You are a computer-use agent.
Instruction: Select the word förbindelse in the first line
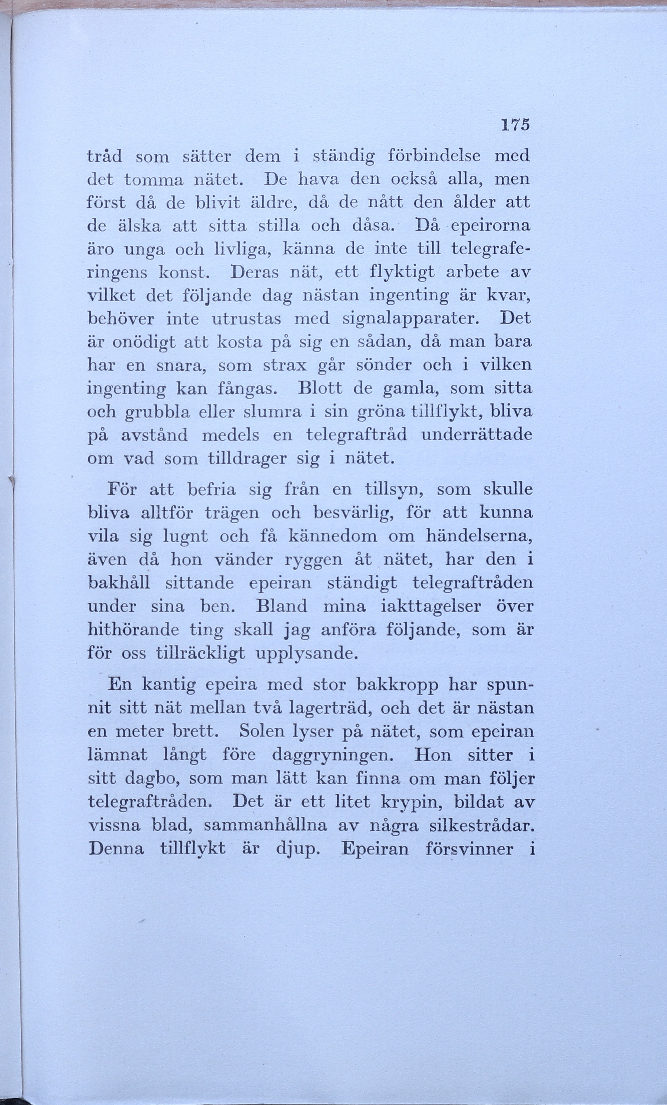[x=433, y=156]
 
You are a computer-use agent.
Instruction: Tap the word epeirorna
[x=490, y=225]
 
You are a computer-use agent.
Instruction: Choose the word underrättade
[x=477, y=435]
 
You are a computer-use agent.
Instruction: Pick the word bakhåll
[x=118, y=583]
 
